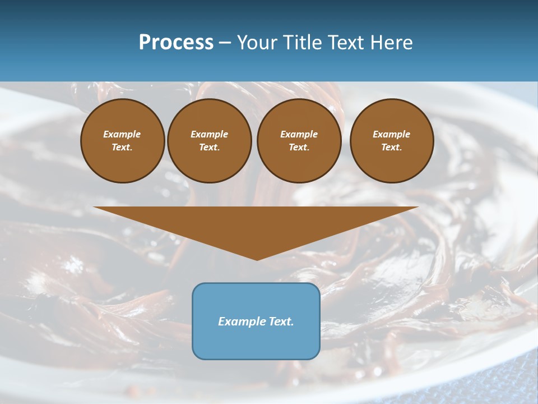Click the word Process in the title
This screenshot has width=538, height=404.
(x=176, y=43)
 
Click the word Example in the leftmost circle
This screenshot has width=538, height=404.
(x=122, y=134)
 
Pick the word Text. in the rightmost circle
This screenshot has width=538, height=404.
(x=392, y=147)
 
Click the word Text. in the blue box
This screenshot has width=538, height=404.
(x=281, y=322)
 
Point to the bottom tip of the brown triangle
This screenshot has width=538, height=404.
(x=257, y=259)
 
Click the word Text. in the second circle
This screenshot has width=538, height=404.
(x=210, y=147)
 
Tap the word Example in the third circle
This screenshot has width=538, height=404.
(x=299, y=134)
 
